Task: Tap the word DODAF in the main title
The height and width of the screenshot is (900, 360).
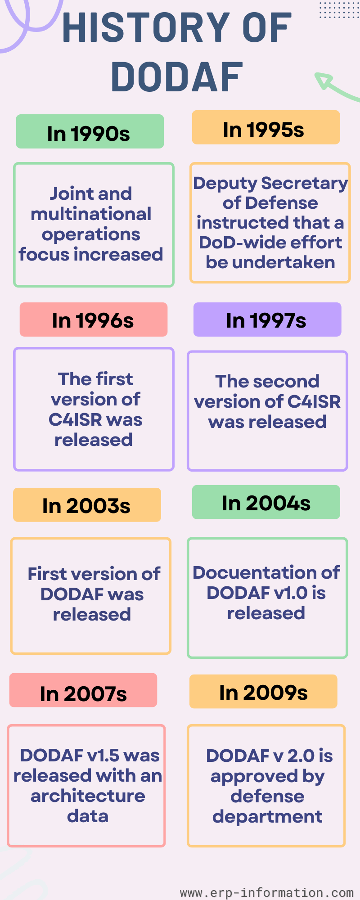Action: [177, 77]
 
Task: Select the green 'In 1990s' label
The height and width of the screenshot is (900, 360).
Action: [90, 131]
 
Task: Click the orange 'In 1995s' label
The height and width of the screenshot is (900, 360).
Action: [266, 127]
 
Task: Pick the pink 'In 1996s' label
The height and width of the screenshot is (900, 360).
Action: [94, 319]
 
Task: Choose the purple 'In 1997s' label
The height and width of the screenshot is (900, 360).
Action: [267, 319]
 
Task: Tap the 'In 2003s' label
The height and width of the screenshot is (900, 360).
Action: [87, 505]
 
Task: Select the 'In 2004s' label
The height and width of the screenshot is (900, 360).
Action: [266, 502]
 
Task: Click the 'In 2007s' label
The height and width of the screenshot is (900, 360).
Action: [83, 690]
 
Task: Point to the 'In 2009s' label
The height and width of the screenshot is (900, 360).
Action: [263, 692]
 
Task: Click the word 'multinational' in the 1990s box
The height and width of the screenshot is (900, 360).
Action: [91, 214]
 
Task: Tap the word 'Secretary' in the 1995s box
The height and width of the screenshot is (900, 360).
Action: [304, 184]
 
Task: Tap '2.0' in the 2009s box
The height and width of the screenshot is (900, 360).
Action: [301, 756]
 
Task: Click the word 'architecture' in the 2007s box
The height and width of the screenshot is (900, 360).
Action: [88, 796]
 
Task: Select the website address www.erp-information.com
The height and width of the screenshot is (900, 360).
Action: [267, 892]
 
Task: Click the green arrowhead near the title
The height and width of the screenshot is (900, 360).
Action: [323, 81]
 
